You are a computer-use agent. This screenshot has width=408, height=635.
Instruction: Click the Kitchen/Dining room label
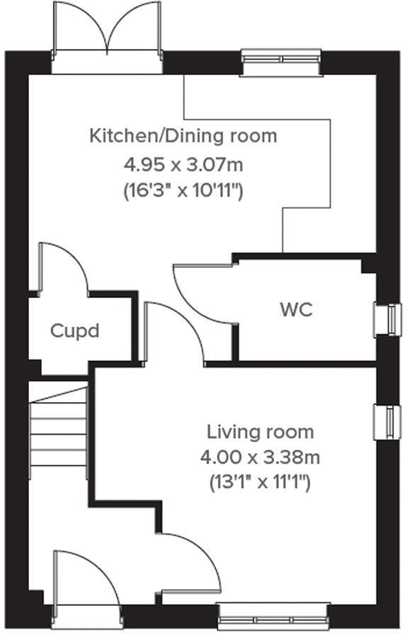pos(183,135)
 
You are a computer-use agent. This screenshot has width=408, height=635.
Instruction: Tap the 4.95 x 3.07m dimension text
pos(183,165)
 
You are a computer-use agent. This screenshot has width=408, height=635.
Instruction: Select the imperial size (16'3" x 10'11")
pos(183,190)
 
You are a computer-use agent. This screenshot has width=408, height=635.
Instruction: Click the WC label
pos(295,309)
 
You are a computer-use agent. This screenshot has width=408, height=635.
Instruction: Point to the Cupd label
pos(74,331)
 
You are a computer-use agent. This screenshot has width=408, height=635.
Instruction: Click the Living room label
pos(260,431)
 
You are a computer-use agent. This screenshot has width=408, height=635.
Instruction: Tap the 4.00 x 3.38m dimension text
pos(260,457)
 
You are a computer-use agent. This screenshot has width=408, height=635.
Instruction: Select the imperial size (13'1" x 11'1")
pos(260,483)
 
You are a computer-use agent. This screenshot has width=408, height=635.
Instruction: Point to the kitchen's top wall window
pos(281,63)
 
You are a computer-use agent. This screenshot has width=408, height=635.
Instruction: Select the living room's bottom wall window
pos(273,615)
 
